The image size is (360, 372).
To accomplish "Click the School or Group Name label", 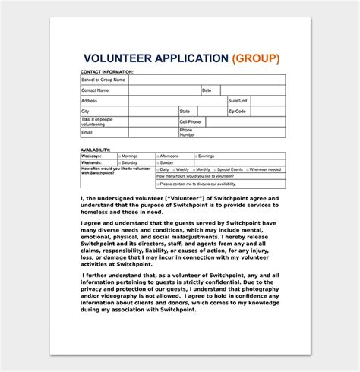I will coord(103,79).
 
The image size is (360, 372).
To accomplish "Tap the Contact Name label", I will coord(95,90).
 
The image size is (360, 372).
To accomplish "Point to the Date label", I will coord(207,90).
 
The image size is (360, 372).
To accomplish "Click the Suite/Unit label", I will coord(239,100).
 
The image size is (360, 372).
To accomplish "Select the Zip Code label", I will coord(238,111).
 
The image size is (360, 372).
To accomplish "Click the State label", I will coord(185,111).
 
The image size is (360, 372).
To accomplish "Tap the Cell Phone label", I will coord(190,121).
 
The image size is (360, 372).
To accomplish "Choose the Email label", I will coord(87,132).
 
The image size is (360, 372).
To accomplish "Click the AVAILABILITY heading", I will coord(96,150).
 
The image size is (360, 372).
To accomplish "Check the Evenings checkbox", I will coord(196,156).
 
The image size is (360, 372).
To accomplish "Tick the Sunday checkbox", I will coord(157,162).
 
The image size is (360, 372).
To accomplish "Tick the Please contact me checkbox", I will coord(157,184).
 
